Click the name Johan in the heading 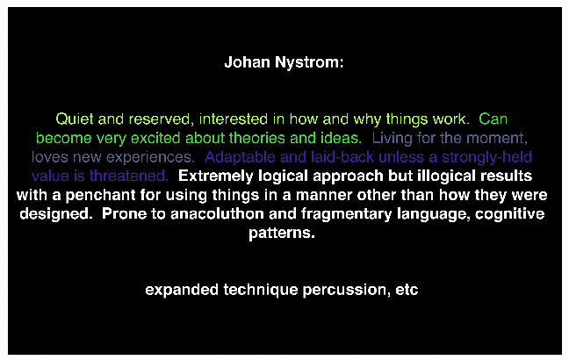(x=247, y=62)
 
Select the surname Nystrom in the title (x=307, y=63)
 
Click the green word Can (x=493, y=119)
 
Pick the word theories (x=256, y=138)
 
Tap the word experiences (x=150, y=157)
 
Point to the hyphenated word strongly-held (x=486, y=157)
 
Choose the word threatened (x=129, y=176)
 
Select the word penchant (x=100, y=195)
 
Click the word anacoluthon (x=217, y=213)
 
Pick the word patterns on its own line (x=282, y=233)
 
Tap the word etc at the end (x=407, y=290)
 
